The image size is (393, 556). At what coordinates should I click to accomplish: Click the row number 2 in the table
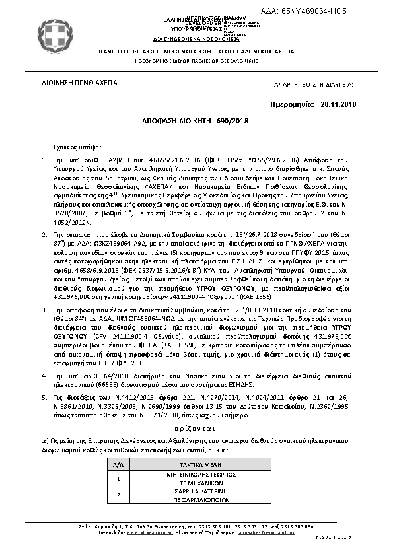coord(119,495)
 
